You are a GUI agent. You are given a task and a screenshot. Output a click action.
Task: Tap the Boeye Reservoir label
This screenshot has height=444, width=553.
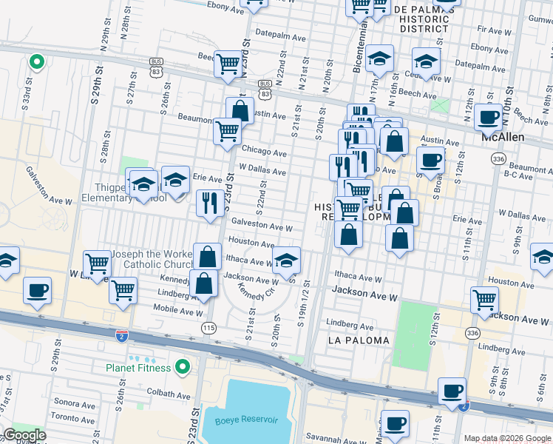246,420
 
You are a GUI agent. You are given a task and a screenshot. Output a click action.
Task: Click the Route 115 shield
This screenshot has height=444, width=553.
209,327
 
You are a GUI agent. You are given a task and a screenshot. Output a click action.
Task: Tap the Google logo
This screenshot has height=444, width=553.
24,435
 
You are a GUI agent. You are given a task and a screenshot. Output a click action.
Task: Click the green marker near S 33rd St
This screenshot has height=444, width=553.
35,63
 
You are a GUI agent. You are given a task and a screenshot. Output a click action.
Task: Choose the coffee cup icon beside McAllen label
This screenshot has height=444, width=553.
488,116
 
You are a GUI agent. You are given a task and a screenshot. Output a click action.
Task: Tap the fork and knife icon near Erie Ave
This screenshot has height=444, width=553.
210,202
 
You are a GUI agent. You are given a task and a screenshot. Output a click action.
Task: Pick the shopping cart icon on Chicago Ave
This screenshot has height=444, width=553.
227,131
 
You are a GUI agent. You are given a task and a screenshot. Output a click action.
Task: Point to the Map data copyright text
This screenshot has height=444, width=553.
507,438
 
